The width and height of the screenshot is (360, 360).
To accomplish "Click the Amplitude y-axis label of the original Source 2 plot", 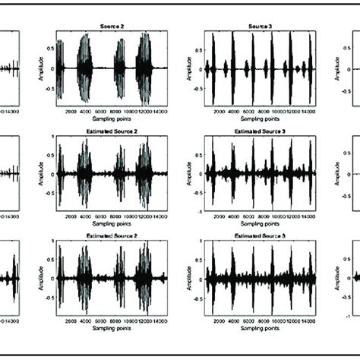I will pos(43,68).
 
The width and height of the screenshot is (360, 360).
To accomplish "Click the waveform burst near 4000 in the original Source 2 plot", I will pos(87,68).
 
